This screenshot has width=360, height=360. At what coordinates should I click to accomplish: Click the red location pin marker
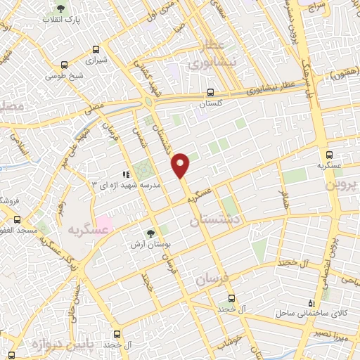coord(181,165)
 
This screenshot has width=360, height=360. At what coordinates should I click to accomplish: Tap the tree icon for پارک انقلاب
coord(61,9)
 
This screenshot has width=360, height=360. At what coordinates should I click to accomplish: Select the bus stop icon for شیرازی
coord(97,49)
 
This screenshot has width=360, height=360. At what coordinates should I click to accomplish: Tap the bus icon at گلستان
coord(211,92)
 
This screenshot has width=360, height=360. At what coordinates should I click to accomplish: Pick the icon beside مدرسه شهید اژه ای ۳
coord(126,174)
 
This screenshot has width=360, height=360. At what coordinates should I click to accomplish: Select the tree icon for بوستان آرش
coord(150,233)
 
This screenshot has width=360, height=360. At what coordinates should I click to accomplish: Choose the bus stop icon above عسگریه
coord(329,155)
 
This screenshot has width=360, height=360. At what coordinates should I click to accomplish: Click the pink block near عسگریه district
coord(103,226)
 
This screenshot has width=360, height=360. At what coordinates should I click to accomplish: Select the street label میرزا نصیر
coord(340,330)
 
